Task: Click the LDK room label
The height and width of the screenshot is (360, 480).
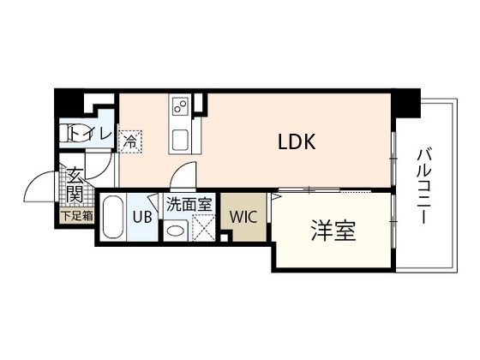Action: tap(297, 143)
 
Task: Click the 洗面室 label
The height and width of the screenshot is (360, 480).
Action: tap(189, 205)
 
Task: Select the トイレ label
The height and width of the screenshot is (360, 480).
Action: tap(89, 134)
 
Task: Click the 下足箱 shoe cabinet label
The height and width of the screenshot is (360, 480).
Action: tap(75, 216)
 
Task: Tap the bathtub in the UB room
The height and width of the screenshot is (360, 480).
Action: tap(113, 220)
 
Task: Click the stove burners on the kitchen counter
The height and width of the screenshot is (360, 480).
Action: tap(181, 108)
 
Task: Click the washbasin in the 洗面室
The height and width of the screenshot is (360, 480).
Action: tap(177, 230)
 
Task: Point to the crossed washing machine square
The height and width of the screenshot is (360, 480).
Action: tap(205, 227)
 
